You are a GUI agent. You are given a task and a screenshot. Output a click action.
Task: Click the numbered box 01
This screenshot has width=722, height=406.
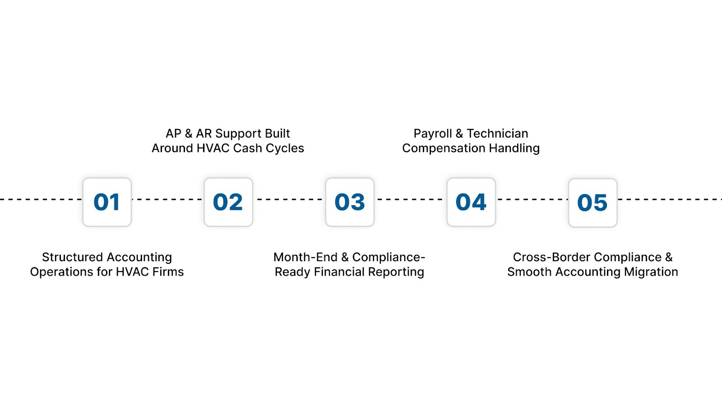pos(107,202)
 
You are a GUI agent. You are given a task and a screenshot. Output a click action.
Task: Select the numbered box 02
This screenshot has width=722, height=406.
pos(228,202)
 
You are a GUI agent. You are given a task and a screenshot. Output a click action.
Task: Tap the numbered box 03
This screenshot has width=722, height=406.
pos(350,202)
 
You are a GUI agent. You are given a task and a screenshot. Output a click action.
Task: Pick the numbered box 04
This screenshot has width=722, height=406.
pos(471,202)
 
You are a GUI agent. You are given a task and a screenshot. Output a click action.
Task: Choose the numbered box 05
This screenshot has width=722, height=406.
pos(592,203)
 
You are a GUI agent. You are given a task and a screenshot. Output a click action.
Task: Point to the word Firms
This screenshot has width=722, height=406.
pos(168,272)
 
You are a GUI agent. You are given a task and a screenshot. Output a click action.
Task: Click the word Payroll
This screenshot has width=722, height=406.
pos(432,134)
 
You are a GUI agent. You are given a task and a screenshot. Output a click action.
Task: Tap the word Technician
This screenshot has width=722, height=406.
pos(497,134)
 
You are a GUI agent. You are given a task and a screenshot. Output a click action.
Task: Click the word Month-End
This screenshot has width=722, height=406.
pos(305,257)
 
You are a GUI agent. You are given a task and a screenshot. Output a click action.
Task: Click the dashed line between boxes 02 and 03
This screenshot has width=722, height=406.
pos(289,199)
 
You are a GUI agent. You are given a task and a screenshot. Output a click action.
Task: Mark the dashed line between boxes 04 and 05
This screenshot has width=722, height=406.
pos(532,199)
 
